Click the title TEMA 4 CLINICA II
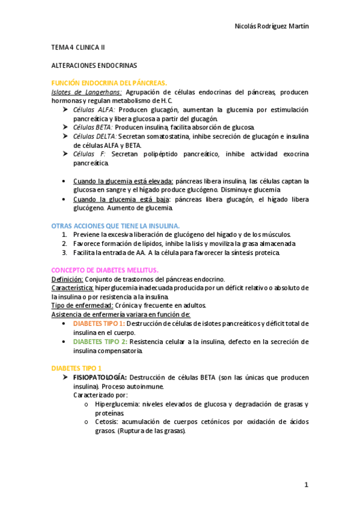click(78, 46)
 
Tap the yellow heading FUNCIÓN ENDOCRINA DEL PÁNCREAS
click(109, 82)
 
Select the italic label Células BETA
click(93, 127)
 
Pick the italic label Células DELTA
click(95, 137)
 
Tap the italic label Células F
click(90, 155)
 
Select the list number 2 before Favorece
click(64, 244)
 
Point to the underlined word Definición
click(67, 280)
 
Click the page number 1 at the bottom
click(306, 485)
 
